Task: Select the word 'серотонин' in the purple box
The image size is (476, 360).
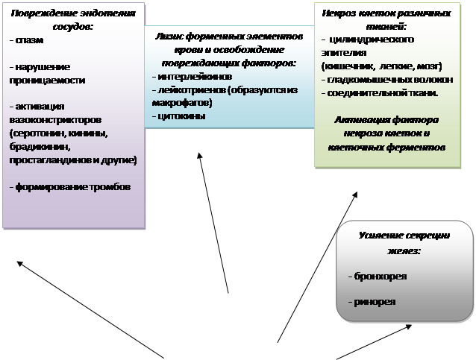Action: pyautogui.click(x=36, y=134)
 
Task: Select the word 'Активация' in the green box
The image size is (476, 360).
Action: pyautogui.click(x=357, y=119)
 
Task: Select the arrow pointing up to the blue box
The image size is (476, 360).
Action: pyautogui.click(x=213, y=224)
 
